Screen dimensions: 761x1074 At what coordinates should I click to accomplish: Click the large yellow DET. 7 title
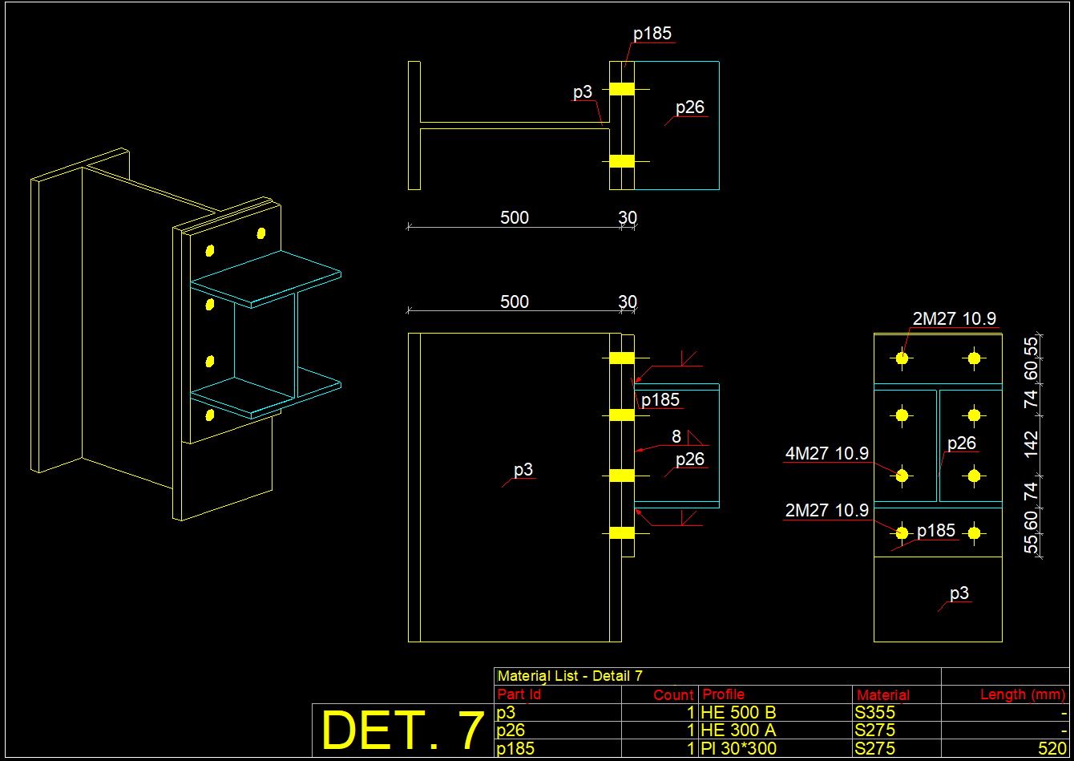pyautogui.click(x=402, y=731)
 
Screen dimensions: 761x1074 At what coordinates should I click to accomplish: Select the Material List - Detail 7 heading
pyautogui.click(x=570, y=676)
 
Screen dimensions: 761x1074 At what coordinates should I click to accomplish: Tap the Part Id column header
pyautogui.click(x=519, y=694)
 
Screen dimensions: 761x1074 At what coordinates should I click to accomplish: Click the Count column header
pyautogui.click(x=673, y=695)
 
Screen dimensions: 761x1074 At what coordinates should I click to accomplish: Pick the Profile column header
pyautogui.click(x=723, y=694)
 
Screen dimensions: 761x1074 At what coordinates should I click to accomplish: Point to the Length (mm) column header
pyautogui.click(x=1023, y=694)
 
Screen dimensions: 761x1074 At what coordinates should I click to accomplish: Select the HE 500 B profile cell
pyautogui.click(x=737, y=713)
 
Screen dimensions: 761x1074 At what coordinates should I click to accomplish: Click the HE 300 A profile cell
pyautogui.click(x=737, y=731)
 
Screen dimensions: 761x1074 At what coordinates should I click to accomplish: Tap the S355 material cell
pyautogui.click(x=874, y=713)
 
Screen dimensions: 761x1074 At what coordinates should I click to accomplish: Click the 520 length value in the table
pyautogui.click(x=1052, y=749)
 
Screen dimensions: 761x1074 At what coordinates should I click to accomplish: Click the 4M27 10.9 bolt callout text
pyautogui.click(x=826, y=454)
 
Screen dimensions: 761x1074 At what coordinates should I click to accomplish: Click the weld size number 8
pyautogui.click(x=676, y=436)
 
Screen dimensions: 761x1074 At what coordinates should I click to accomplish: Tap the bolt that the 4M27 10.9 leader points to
pyautogui.click(x=902, y=476)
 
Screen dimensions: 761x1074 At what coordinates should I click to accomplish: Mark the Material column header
pyautogui.click(x=882, y=695)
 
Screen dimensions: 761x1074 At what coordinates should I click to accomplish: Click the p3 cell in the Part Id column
pyautogui.click(x=507, y=713)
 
